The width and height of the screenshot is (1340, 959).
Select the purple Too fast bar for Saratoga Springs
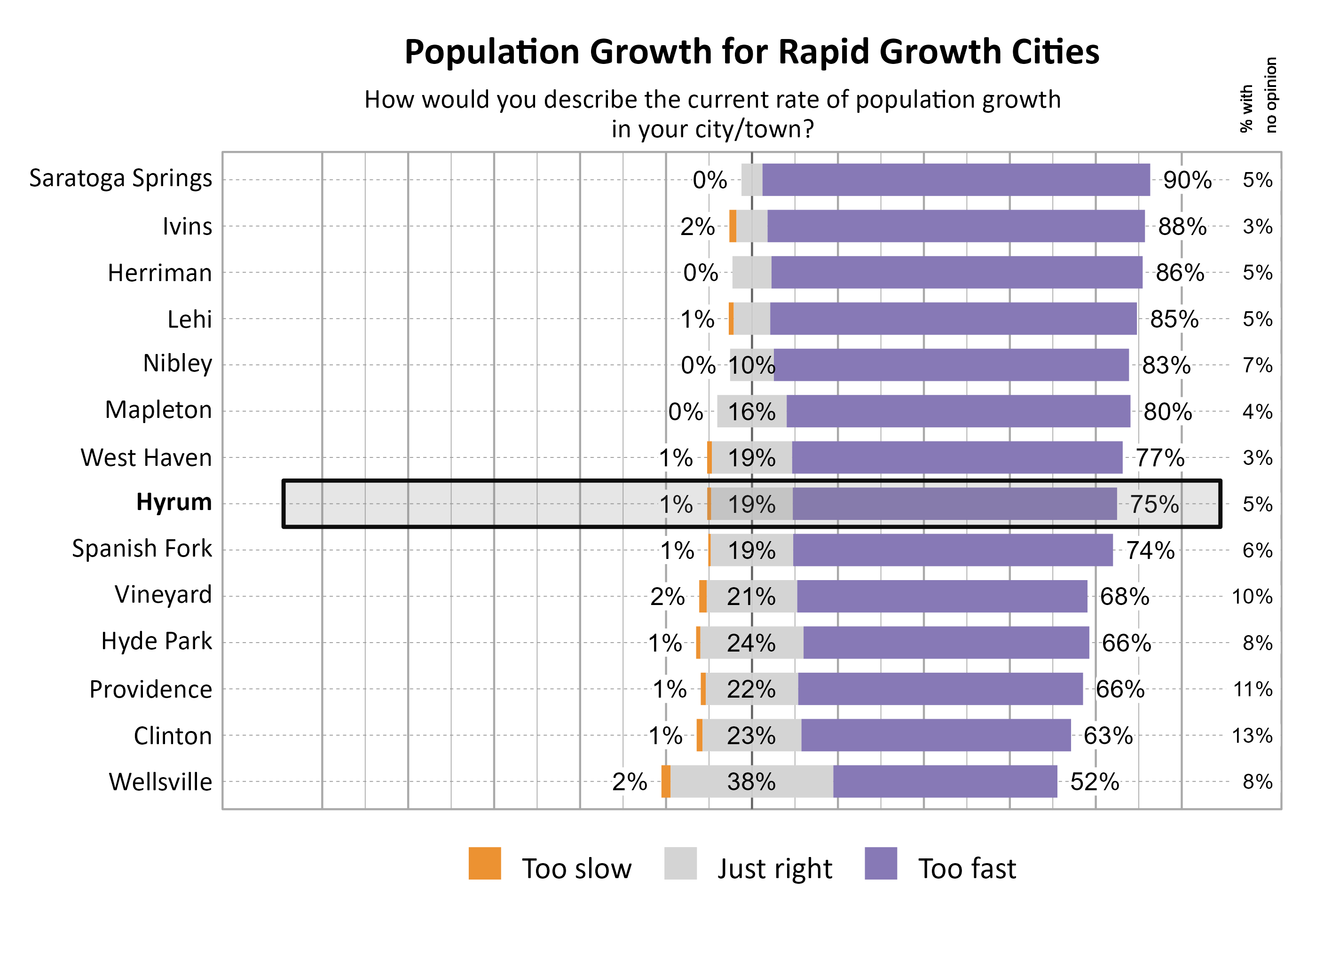pos(955,180)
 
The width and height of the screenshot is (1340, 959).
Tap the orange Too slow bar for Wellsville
pos(666,781)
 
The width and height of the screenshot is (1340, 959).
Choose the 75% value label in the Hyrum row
pos(1153,504)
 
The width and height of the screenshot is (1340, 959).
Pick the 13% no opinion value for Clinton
pos(1252,736)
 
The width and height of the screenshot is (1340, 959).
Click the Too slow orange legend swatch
pos(484,864)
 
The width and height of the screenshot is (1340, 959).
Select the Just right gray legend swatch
pos(680,864)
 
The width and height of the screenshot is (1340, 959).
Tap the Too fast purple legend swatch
pos(880,864)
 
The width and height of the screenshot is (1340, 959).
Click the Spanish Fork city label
pos(142,549)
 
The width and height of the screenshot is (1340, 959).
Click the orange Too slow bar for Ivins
pos(733,226)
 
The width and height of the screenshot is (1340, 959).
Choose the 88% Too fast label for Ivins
pos(1181,227)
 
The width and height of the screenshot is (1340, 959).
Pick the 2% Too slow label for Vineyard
pos(667,597)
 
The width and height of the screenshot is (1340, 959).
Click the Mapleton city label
pos(158,410)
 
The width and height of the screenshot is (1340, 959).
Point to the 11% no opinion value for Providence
pos(1252,689)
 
